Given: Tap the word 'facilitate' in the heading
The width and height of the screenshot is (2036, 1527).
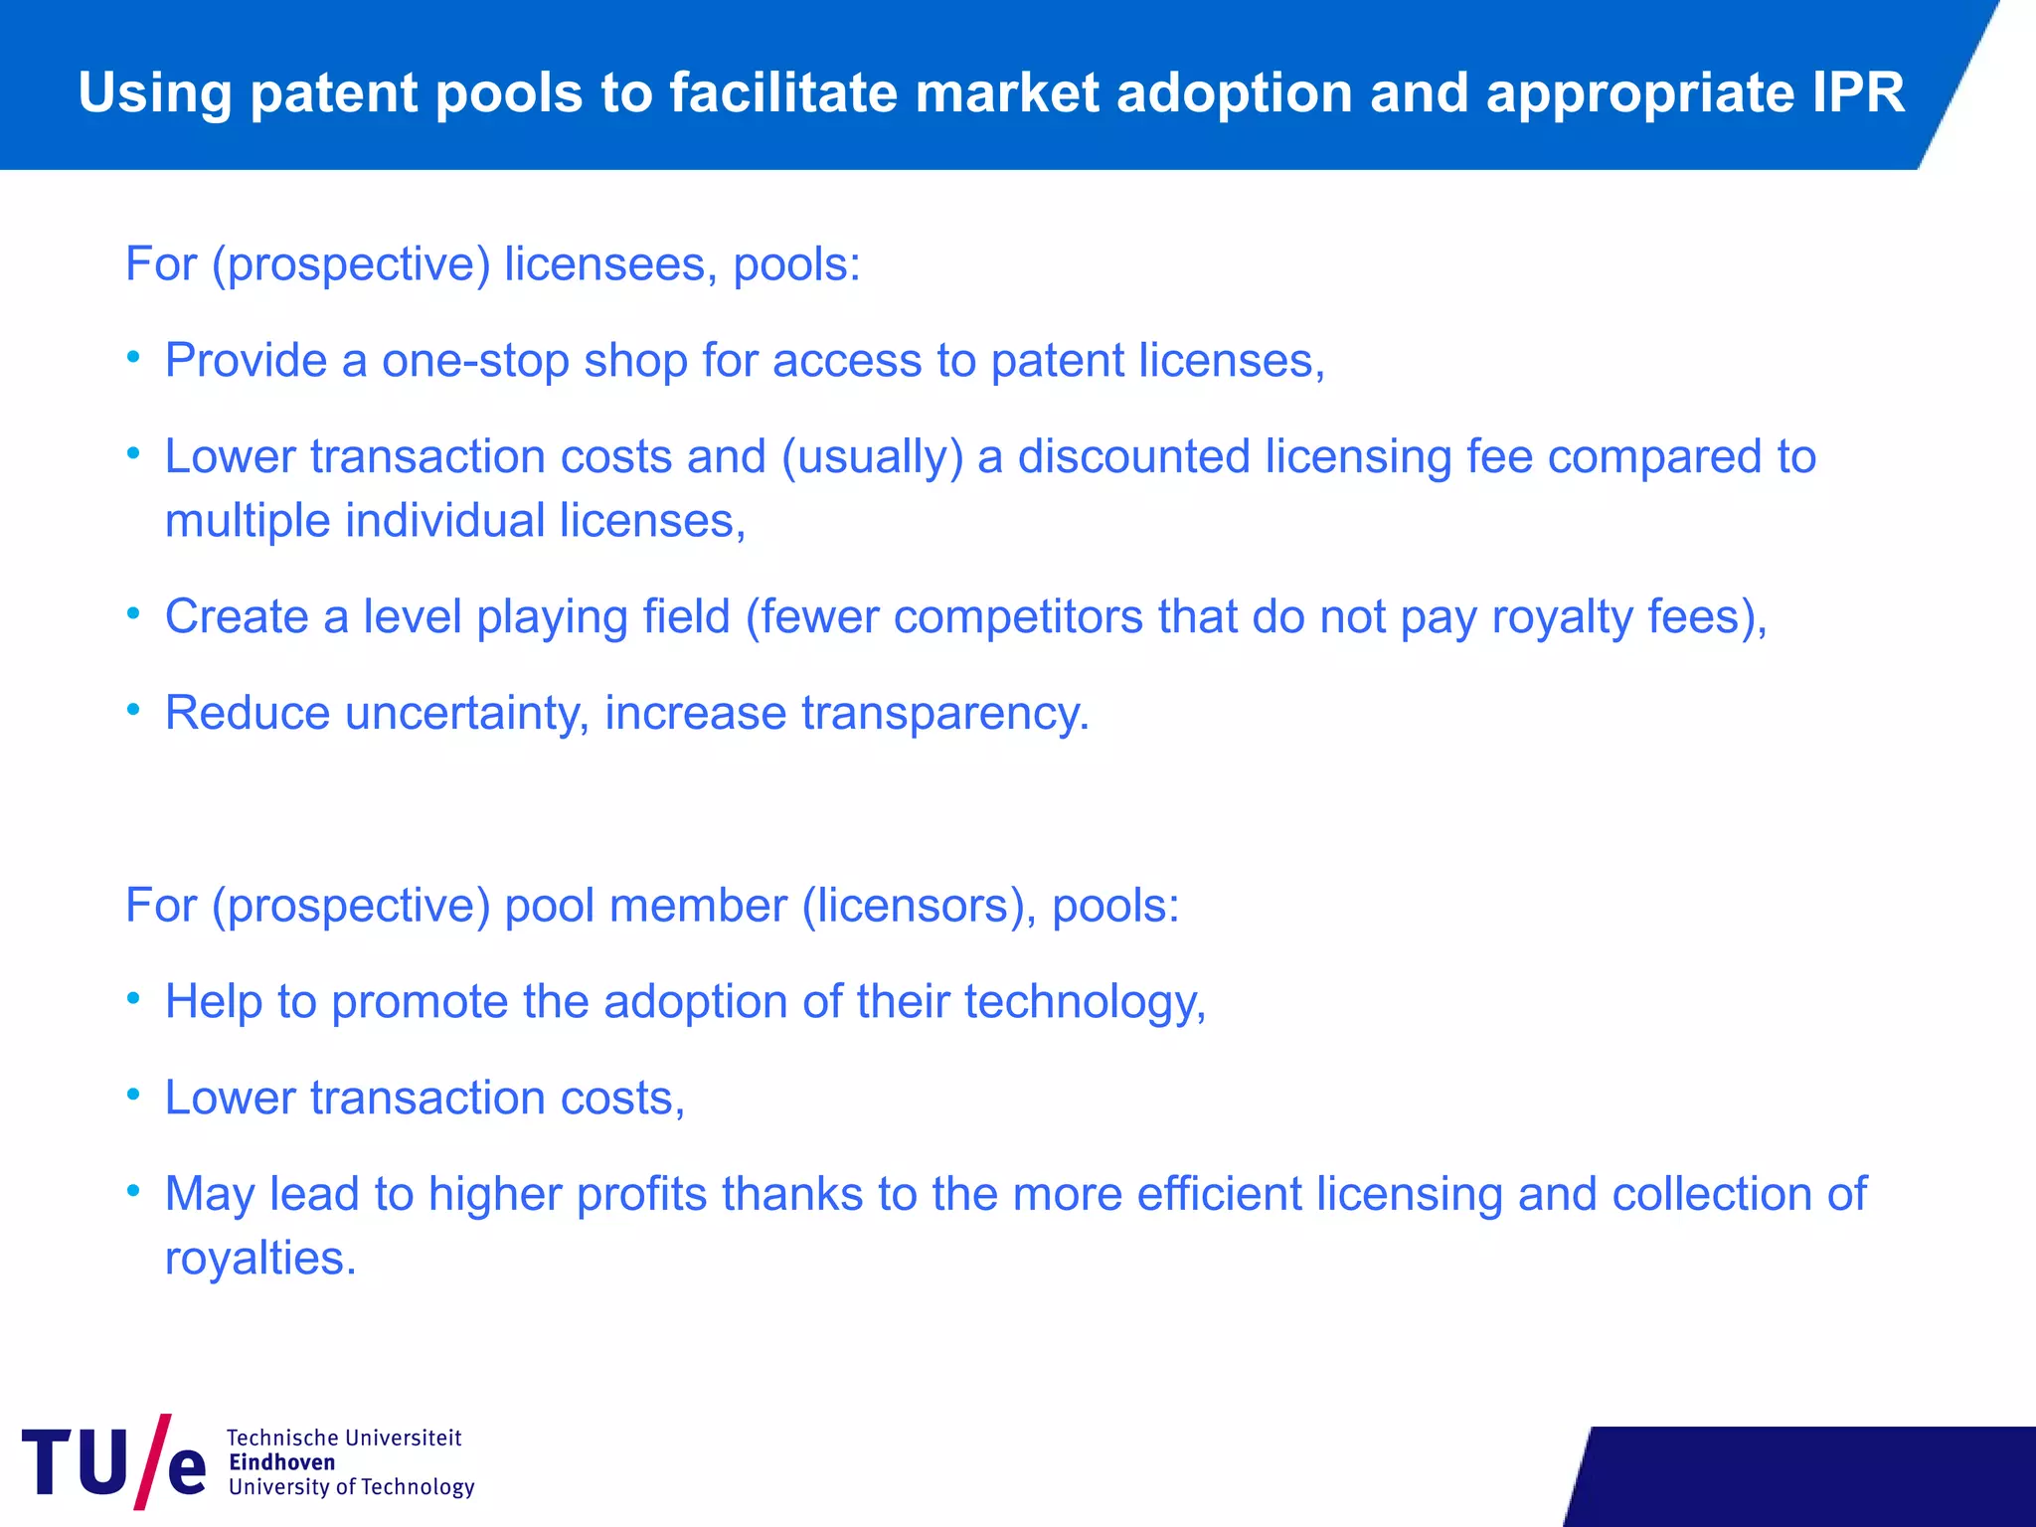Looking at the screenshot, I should (x=783, y=92).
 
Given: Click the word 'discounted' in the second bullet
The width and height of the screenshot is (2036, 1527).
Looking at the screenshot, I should (x=1133, y=457).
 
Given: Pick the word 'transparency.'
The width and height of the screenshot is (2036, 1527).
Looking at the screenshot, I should (x=945, y=713).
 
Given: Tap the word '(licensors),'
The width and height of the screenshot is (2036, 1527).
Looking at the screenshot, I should (x=920, y=906).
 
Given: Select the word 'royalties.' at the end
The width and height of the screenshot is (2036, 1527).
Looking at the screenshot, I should (x=260, y=1258).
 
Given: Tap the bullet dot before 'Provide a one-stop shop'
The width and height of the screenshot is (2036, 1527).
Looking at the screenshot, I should (x=134, y=357).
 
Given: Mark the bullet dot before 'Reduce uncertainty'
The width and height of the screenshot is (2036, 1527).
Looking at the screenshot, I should (x=134, y=710).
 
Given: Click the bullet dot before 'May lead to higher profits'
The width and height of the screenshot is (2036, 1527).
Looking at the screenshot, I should (x=134, y=1191).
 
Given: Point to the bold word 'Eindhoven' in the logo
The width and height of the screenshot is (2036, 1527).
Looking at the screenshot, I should (x=281, y=1461).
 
